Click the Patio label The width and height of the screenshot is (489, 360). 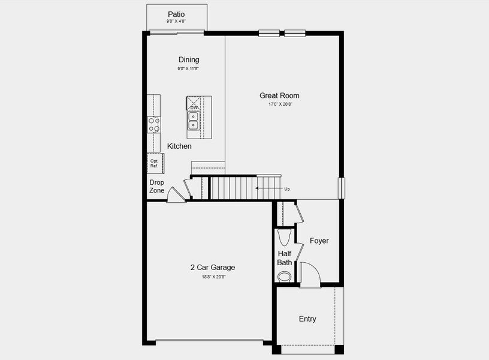click(x=176, y=14)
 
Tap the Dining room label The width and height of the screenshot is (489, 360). click(x=189, y=60)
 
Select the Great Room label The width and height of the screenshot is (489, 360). click(x=279, y=95)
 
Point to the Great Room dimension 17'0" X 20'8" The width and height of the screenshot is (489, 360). click(x=279, y=104)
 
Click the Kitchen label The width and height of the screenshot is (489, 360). click(x=179, y=146)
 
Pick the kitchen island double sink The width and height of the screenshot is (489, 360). click(x=194, y=121)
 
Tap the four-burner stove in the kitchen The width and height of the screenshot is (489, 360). click(x=154, y=124)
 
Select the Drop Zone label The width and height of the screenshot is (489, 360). click(x=157, y=186)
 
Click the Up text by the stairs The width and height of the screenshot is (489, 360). click(x=287, y=189)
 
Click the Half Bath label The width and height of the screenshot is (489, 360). click(x=285, y=258)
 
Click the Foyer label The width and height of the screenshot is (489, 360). click(x=319, y=241)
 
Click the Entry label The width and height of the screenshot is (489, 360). click(x=307, y=319)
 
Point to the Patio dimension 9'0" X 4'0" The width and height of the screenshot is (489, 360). click(x=176, y=22)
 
